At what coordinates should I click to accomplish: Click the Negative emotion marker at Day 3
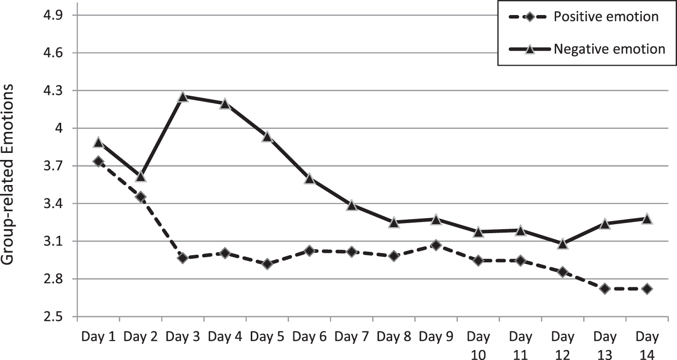(x=183, y=97)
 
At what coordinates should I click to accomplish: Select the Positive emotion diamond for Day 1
(x=98, y=161)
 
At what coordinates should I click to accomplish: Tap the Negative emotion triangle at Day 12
(x=562, y=244)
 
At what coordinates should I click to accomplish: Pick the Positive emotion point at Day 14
(x=647, y=289)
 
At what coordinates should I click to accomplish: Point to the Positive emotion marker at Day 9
(x=436, y=245)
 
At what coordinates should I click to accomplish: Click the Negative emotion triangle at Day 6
(x=309, y=178)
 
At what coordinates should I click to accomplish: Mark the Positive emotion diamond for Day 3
(x=183, y=258)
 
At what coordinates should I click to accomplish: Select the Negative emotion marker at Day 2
(x=141, y=176)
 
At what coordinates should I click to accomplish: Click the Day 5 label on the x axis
(x=267, y=336)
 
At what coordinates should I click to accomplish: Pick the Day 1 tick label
(x=98, y=336)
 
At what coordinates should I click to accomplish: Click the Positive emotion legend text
(x=606, y=17)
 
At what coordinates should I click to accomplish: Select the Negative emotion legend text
(x=609, y=49)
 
